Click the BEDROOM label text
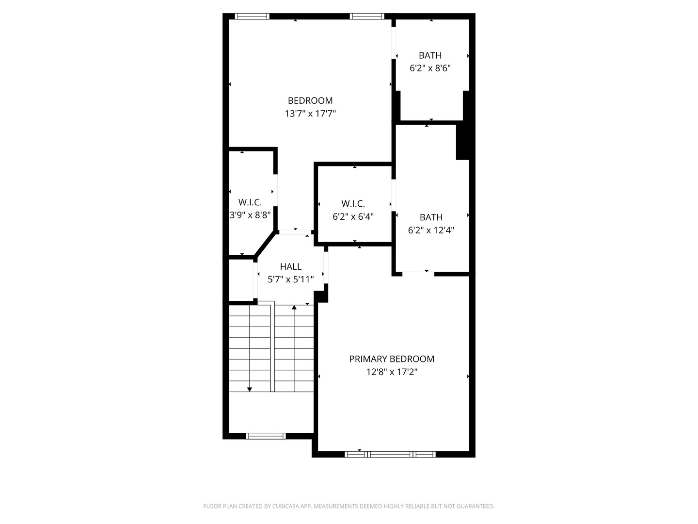click(310, 100)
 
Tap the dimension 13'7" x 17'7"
click(310, 114)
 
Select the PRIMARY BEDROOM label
click(392, 359)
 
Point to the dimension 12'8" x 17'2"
click(392, 372)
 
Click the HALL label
click(290, 266)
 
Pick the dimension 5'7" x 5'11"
click(290, 279)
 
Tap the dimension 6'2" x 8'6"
click(430, 68)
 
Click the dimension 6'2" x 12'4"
click(431, 230)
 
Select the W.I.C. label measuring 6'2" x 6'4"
click(353, 204)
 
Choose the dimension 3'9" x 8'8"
click(250, 215)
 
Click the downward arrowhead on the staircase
click(250, 389)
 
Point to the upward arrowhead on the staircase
click(294, 308)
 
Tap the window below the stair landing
click(266, 436)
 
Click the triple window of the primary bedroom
click(390, 454)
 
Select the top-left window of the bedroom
click(252, 16)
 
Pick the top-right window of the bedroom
click(367, 16)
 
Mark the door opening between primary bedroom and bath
click(418, 274)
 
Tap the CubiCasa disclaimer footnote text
click(349, 507)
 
